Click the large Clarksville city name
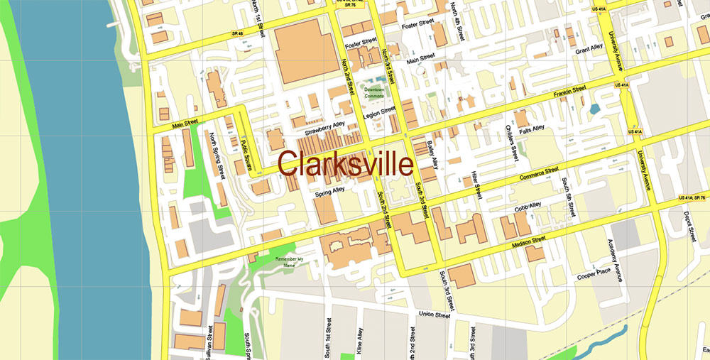click(345, 164)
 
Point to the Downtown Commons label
click(373, 92)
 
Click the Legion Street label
click(379, 114)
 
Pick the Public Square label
click(246, 151)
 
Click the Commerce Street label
click(539, 174)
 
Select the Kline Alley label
click(359, 338)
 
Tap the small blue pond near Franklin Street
click(594, 109)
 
